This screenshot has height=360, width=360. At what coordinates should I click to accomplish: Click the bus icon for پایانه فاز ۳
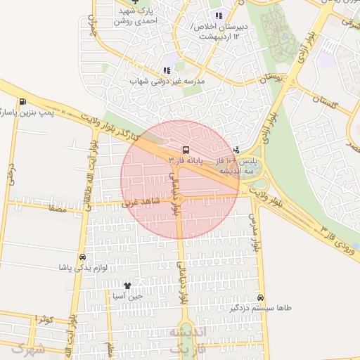tap(186, 150)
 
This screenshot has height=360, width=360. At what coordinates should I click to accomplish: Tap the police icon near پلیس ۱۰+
tap(236, 149)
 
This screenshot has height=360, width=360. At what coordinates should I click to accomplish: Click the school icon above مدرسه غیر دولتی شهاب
tap(167, 70)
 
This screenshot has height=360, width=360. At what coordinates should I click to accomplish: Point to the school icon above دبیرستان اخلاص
tap(219, 15)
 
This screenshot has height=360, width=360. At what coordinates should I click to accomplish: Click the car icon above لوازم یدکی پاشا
tap(83, 257)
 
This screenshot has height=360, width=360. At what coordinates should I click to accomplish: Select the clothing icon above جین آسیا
tap(127, 285)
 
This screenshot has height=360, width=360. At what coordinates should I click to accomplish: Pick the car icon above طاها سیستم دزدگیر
tap(261, 297)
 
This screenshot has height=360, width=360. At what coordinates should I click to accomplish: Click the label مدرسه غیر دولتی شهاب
tap(167, 82)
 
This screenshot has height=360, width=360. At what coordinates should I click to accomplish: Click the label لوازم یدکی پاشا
tap(83, 269)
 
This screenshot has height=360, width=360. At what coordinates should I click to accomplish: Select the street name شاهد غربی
tap(141, 203)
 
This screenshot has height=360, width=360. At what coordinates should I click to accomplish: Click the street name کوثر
tap(44, 320)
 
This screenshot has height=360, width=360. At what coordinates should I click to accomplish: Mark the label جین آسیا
tap(127, 296)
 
